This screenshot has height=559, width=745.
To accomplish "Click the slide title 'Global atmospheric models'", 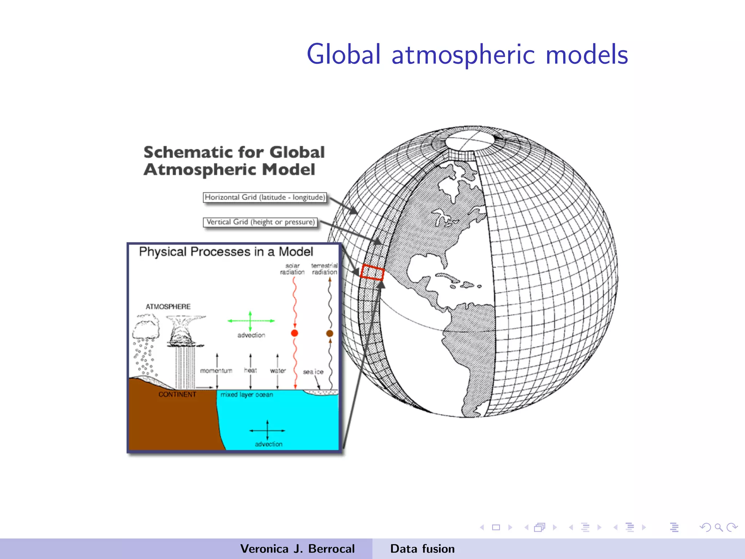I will click(467, 55).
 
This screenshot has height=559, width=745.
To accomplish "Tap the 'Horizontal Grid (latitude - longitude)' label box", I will click(264, 197).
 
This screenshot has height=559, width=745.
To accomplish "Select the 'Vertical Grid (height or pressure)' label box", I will click(260, 222).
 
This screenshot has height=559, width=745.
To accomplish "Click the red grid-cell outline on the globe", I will click(372, 272).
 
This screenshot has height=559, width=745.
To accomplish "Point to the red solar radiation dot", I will click(295, 333).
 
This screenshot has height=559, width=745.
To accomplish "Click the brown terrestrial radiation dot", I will click(330, 333).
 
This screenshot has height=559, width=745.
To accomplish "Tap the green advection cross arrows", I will click(250, 321).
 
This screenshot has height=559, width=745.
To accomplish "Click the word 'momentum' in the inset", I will click(216, 370).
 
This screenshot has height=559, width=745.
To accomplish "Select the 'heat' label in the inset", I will click(250, 370).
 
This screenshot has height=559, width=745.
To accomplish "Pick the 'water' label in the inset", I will click(278, 370).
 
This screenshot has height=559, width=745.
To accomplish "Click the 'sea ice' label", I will click(313, 372).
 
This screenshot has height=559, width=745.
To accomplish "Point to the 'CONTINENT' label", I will click(177, 395).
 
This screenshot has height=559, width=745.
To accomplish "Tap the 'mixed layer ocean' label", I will click(247, 395).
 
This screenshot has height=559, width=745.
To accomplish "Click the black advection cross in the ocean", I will click(267, 431).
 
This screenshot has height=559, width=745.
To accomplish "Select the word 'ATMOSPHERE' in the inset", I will click(168, 306).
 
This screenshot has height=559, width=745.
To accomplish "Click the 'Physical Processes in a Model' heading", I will click(226, 251).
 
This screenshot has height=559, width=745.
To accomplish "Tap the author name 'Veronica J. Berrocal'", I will click(297, 548).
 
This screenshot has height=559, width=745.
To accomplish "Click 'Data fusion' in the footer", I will click(422, 548).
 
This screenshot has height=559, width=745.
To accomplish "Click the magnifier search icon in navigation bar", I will click(718, 527).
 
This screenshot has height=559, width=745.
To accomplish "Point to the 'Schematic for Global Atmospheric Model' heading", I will click(234, 161).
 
